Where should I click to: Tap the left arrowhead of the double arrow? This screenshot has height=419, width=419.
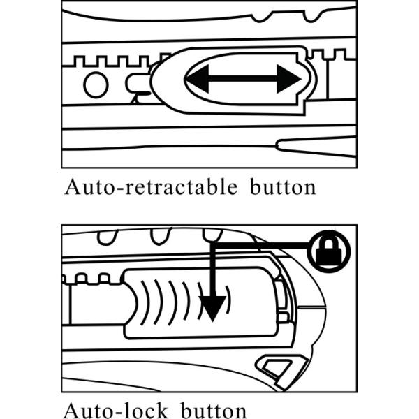pos(197,79)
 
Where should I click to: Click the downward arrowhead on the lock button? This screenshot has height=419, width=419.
pos(212,308)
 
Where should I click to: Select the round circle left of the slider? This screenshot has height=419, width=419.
pos(96,84)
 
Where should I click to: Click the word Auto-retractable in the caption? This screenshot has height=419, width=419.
pos(151,186)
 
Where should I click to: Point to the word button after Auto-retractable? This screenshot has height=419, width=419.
pos(283,186)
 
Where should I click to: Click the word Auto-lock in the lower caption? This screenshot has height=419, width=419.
pos(115,411)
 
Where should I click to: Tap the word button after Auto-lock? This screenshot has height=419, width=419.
pos(214,411)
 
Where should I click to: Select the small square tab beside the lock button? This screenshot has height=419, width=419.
pos(284,317)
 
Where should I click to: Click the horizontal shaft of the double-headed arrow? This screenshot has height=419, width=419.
pos(243,79)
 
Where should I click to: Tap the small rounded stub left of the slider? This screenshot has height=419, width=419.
pos(137,83)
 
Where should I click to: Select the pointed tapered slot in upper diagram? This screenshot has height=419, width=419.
pos(316,147)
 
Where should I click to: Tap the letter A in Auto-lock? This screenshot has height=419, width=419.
pos(71,411)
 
